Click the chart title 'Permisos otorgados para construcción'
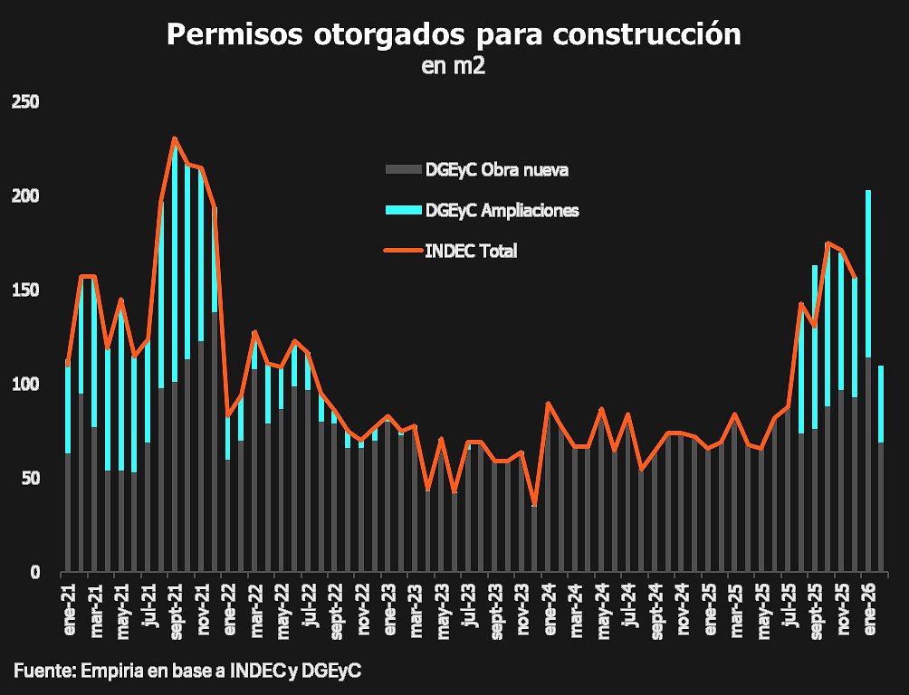click(x=454, y=34)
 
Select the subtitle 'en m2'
click(x=454, y=65)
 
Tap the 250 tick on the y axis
click(x=25, y=102)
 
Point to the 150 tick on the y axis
click(x=25, y=290)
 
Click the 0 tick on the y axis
click(x=34, y=573)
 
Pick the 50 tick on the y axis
click(x=29, y=479)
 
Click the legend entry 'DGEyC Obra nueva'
click(x=496, y=169)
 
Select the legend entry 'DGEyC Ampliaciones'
click(x=502, y=210)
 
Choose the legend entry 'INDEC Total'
click(x=471, y=252)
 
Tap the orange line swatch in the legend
click(x=404, y=252)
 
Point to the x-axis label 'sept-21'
click(x=176, y=612)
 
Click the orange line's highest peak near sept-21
click(x=174, y=138)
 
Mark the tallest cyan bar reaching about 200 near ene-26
click(x=868, y=271)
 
